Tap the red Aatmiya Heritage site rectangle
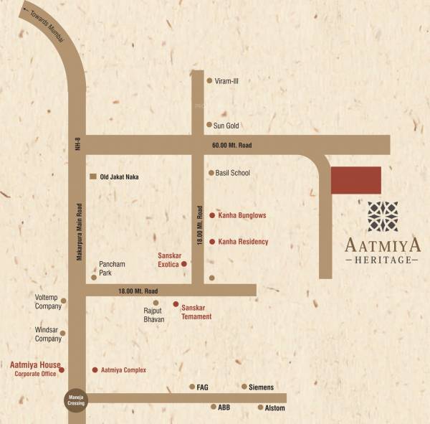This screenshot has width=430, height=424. [355, 180]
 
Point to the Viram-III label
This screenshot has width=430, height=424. [226, 81]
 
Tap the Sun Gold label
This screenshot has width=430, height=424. [226, 126]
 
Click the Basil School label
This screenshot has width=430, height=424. [233, 173]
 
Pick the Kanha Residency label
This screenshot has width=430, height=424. [243, 242]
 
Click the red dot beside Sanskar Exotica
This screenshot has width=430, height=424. [184, 264]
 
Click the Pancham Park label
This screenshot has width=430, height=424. [112, 268]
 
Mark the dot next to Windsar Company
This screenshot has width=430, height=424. [63, 333]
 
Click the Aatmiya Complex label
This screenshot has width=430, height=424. [123, 370]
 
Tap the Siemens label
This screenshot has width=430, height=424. [261, 387]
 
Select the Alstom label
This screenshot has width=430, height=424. [275, 408]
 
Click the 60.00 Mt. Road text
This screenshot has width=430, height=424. [232, 146]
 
